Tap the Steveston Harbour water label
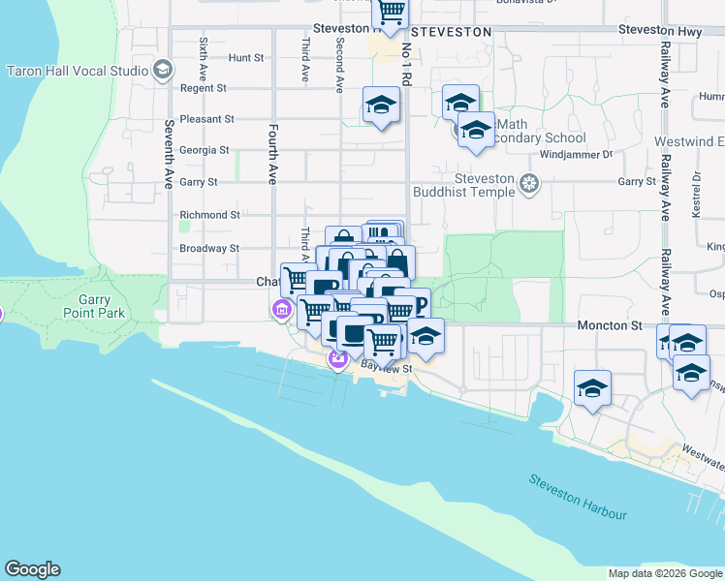(x=578, y=498)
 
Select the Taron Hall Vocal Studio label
(x=78, y=71)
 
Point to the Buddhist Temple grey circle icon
(x=529, y=183)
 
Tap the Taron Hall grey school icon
(x=163, y=70)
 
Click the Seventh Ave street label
(x=169, y=153)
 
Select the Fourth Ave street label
(x=273, y=153)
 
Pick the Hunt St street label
(x=246, y=58)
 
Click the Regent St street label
(x=203, y=88)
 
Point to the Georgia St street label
(x=205, y=150)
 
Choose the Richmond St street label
(x=209, y=215)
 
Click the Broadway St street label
(x=209, y=248)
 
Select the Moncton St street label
(x=603, y=325)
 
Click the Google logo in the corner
(x=32, y=569)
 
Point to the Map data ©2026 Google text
(x=665, y=573)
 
